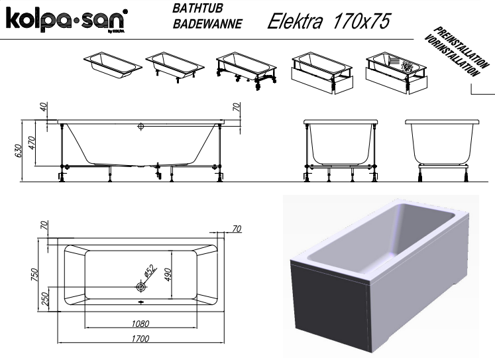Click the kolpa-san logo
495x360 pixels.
(x=67, y=20)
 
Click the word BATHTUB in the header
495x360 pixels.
(x=197, y=8)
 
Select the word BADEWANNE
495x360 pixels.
(x=207, y=24)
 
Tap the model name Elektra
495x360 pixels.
(x=295, y=21)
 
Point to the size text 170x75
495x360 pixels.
(x=361, y=21)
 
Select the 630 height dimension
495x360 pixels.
(x=19, y=151)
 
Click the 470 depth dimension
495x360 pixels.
(x=31, y=143)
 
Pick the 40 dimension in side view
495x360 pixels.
(x=44, y=107)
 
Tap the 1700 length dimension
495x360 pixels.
(x=140, y=339)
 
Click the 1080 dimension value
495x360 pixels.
(x=140, y=324)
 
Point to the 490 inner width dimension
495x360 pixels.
(x=168, y=274)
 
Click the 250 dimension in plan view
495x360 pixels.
(x=45, y=299)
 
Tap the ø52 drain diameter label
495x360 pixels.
(x=150, y=271)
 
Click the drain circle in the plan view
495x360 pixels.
(x=140, y=286)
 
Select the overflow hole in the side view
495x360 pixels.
(x=140, y=127)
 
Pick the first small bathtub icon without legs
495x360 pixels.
(x=113, y=65)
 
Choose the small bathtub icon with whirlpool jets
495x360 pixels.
(x=396, y=73)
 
